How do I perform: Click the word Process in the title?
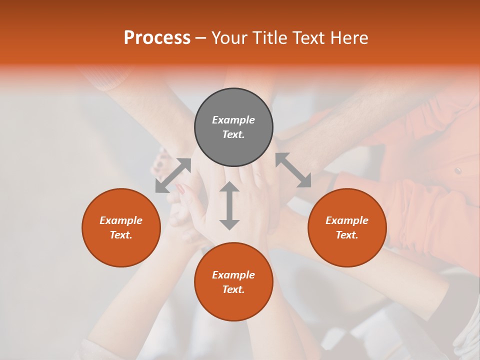point(157,38)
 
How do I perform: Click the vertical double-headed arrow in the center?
point(229,205)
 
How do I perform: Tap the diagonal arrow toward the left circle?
point(173,175)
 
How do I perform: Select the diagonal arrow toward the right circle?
point(293,170)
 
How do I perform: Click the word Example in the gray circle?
point(233,120)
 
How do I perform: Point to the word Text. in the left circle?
point(121,235)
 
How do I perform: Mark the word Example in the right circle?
point(347,220)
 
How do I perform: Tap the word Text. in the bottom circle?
point(233,289)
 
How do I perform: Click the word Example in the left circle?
point(121,220)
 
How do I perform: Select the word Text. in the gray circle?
point(233,134)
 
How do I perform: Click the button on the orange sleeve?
point(457,171)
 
